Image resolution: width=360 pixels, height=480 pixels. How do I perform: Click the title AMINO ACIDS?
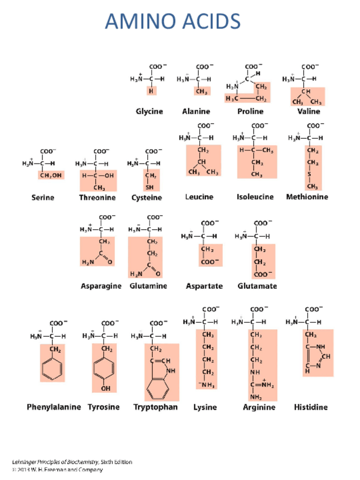(173, 22)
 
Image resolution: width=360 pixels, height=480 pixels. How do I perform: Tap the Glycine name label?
(149, 112)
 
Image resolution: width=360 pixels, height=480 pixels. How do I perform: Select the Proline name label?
(250, 112)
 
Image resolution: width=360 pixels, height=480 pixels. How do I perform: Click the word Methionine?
(307, 197)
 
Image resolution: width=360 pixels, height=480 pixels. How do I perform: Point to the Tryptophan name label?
(155, 407)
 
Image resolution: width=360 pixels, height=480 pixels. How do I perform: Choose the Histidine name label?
(311, 407)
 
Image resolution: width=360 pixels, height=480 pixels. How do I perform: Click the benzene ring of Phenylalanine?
(52, 370)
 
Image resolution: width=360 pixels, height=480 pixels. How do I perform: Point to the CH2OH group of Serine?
(51, 175)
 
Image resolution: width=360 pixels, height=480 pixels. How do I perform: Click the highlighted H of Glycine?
(151, 91)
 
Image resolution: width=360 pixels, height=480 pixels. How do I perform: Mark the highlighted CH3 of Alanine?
(201, 91)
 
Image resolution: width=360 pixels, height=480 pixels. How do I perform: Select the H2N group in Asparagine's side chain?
(88, 262)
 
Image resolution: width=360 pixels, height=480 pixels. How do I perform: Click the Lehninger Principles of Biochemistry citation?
(72, 462)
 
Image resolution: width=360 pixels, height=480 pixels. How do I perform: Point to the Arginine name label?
(259, 407)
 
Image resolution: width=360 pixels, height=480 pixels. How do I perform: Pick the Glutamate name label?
(258, 286)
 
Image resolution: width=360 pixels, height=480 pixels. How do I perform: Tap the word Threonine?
(97, 198)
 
